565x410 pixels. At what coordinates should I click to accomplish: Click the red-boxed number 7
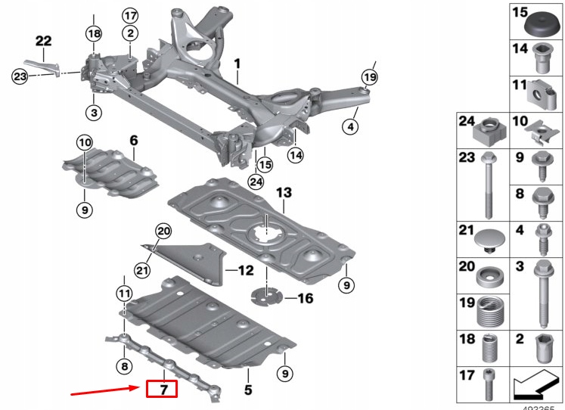(x=161, y=390)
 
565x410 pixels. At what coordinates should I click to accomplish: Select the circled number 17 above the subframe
(x=130, y=15)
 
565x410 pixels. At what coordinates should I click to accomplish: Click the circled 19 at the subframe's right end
(x=368, y=77)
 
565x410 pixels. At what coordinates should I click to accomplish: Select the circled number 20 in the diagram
(x=163, y=231)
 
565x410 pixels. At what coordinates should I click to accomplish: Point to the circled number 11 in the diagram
(x=123, y=293)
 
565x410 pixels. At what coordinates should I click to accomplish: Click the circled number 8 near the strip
(x=123, y=367)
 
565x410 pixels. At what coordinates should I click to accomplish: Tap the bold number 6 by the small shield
(x=134, y=140)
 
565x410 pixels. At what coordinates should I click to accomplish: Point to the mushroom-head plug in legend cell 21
(x=488, y=240)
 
